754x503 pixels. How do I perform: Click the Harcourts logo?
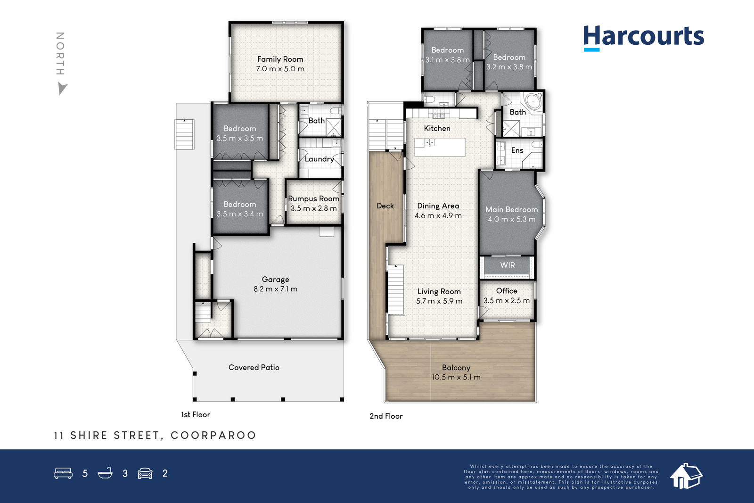click(643, 38)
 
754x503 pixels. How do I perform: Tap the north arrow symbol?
click(62, 89)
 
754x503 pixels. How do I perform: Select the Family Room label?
click(280, 59)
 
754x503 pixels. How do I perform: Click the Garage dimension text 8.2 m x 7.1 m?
click(275, 289)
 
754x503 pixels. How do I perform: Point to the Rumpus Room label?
click(313, 198)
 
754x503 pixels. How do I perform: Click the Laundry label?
click(319, 159)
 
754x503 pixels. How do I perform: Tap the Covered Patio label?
click(254, 367)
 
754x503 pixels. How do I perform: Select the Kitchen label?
click(437, 128)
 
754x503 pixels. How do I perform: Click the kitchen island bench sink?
click(429, 142)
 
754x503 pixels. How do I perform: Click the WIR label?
click(507, 265)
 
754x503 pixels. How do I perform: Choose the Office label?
click(507, 291)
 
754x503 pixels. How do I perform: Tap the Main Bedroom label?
click(511, 209)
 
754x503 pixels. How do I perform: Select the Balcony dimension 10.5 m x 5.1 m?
click(456, 377)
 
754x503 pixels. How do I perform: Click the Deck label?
click(385, 206)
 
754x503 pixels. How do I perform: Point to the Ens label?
click(517, 150)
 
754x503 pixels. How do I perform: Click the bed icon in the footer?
click(63, 473)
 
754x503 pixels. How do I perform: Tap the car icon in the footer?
click(145, 473)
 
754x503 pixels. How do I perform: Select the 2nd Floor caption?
click(386, 416)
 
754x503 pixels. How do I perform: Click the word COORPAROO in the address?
click(213, 435)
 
